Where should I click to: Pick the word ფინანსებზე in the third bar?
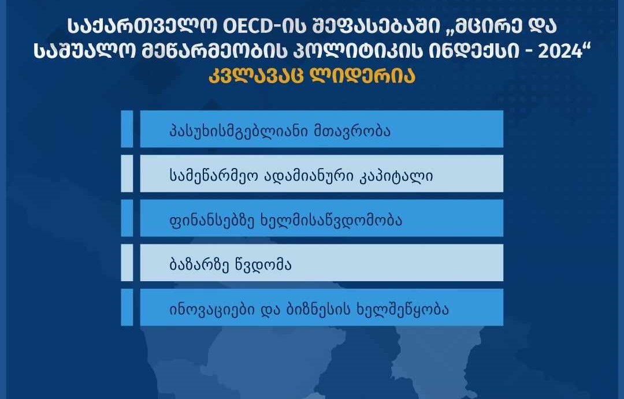[202, 219]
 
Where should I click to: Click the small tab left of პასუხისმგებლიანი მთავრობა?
[127, 129]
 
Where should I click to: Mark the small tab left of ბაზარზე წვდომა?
[127, 263]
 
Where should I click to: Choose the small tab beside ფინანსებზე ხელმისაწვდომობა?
[127, 218]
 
